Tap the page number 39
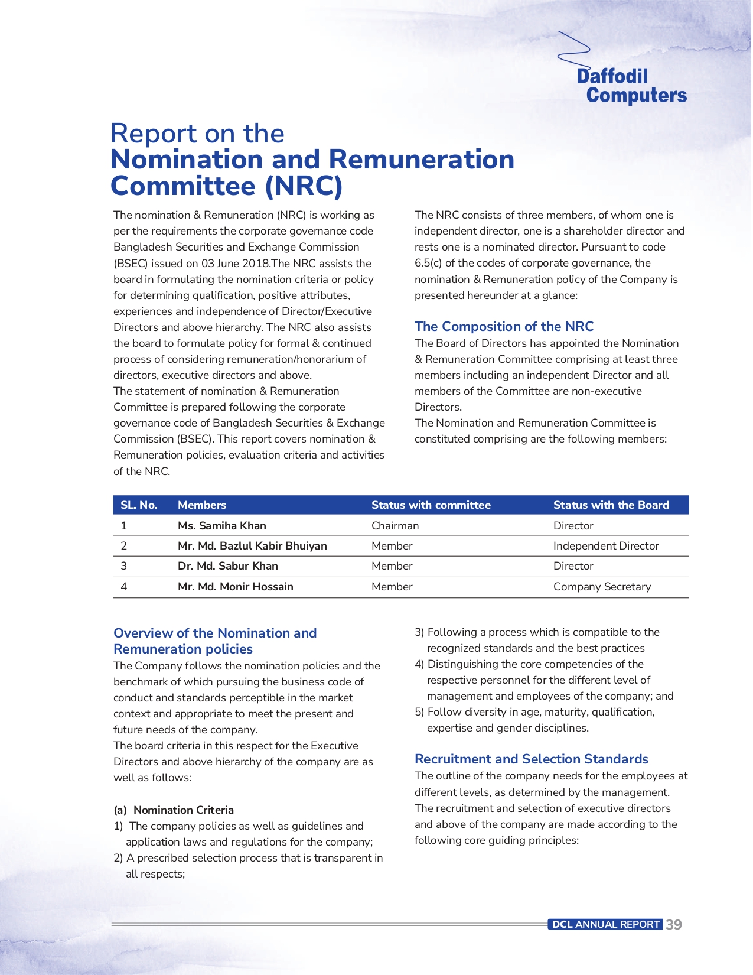(x=673, y=925)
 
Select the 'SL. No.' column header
(x=139, y=505)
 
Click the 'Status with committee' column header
(x=431, y=505)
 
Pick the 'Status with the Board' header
(x=611, y=505)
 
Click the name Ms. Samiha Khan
(x=221, y=526)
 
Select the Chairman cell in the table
(x=395, y=526)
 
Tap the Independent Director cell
(x=605, y=546)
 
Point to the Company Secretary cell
(x=602, y=587)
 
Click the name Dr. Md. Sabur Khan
(x=227, y=566)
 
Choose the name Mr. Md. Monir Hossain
(x=235, y=587)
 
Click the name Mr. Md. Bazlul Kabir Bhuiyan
(x=252, y=546)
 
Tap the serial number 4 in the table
(x=123, y=587)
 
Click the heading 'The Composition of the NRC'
(x=504, y=326)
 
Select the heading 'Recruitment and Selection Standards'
(x=531, y=759)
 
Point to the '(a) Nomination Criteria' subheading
(x=174, y=810)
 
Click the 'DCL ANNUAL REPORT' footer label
(x=605, y=925)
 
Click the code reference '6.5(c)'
(x=428, y=264)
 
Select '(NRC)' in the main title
(x=304, y=186)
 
